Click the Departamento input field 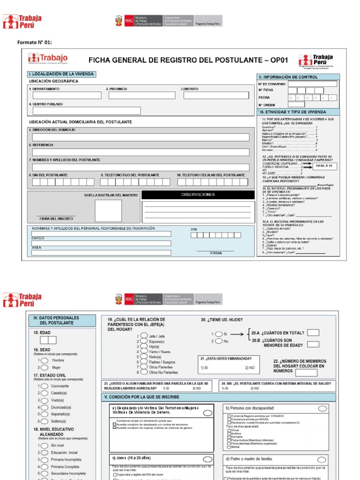(67, 95)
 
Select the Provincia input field (142, 95)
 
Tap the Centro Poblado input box (86, 111)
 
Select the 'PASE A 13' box (324, 166)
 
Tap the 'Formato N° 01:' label (34, 43)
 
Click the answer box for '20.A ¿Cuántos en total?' (313, 333)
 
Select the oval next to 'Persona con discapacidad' (322, 408)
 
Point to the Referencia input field (141, 152)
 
